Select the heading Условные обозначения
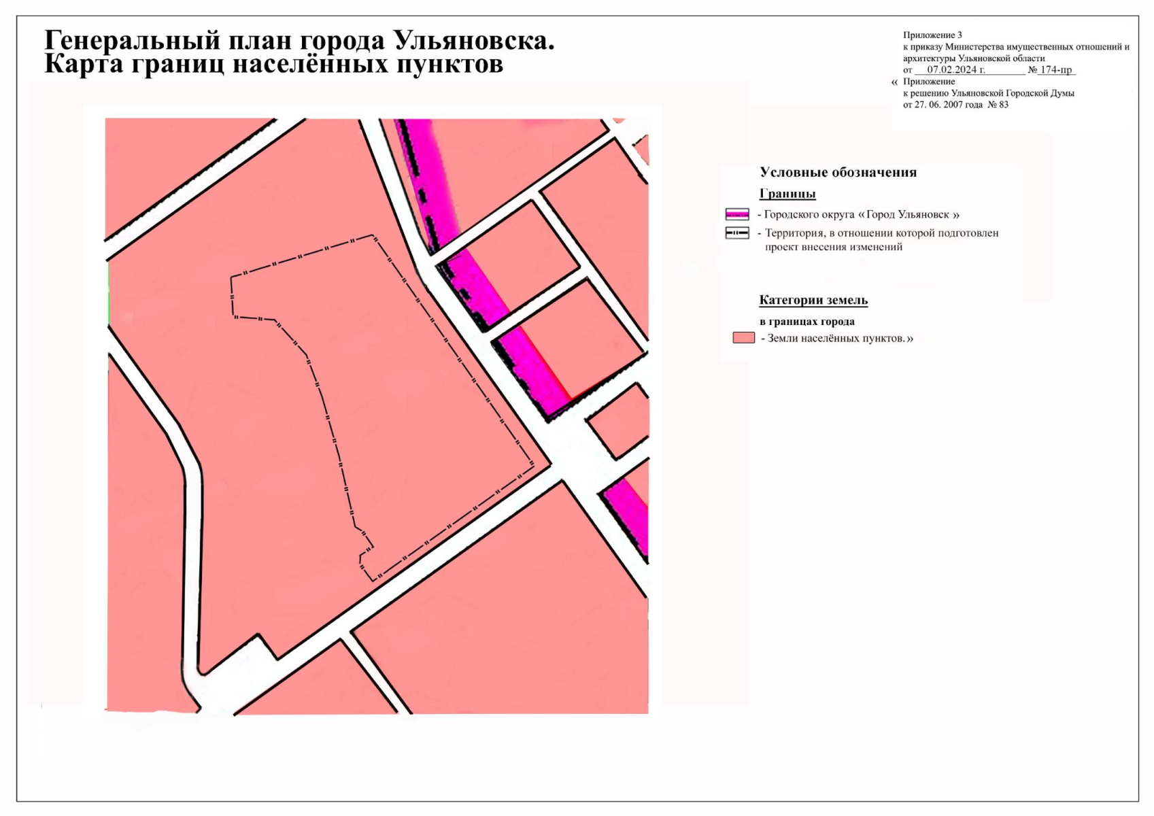tap(838, 173)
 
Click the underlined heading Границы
tap(787, 194)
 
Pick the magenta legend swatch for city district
tap(737, 214)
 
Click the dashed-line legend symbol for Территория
tap(737, 233)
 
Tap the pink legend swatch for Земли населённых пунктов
tap(743, 338)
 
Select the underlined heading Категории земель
tap(813, 300)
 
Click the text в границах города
tap(807, 322)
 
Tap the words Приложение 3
tap(932, 35)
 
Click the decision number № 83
tap(998, 105)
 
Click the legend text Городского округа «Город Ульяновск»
tap(862, 215)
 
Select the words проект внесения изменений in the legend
tap(834, 247)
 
